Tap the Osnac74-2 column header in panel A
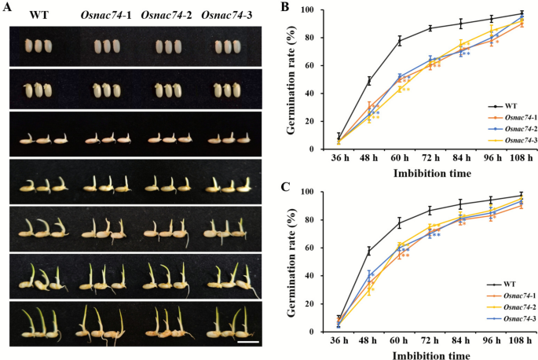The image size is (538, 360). (167, 16)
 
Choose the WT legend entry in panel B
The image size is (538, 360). (491, 105)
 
